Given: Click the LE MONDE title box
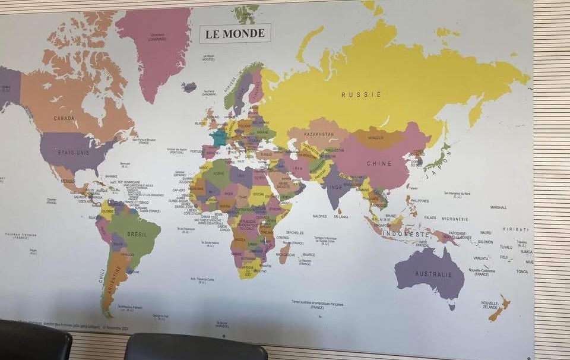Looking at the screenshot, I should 235,33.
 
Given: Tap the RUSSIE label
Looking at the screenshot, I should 353,94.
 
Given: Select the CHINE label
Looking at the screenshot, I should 379,163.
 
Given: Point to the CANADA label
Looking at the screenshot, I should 64,118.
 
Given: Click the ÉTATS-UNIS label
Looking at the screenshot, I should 73,153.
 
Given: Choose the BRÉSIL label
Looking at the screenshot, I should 137,233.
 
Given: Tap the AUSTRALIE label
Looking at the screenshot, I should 433,274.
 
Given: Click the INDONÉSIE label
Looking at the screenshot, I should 406,234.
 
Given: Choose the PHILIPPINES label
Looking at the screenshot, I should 419,201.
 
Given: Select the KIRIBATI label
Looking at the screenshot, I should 516,229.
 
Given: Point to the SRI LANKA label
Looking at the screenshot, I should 341,217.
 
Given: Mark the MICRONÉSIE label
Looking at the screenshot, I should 455,219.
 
